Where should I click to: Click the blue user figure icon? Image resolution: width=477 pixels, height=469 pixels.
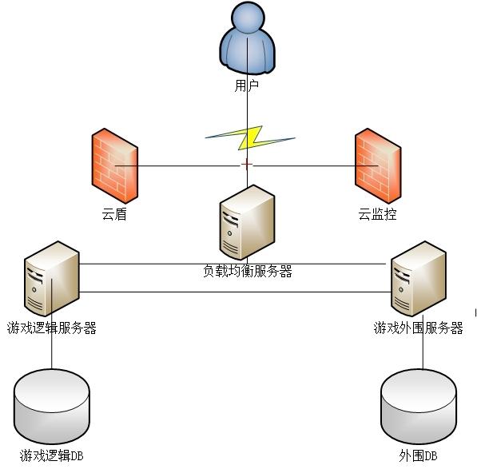pyautogui.click(x=248, y=38)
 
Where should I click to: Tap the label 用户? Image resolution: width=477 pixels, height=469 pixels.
pyautogui.click(x=247, y=85)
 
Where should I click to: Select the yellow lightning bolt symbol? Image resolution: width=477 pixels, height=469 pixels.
pyautogui.click(x=250, y=137)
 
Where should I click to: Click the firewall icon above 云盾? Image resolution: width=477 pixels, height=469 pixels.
pyautogui.click(x=115, y=165)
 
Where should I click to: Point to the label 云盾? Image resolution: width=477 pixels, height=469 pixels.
pyautogui.click(x=114, y=214)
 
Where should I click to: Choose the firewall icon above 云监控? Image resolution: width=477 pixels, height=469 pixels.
pyautogui.click(x=378, y=165)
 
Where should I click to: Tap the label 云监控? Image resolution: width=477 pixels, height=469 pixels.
pyautogui.click(x=377, y=214)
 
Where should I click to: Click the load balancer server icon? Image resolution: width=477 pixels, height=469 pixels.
pyautogui.click(x=247, y=222)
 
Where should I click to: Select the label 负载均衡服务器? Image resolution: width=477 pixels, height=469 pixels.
pyautogui.click(x=248, y=271)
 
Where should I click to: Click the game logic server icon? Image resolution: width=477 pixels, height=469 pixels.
pyautogui.click(x=52, y=279)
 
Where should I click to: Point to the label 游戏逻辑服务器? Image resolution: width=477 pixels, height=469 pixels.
pyautogui.click(x=52, y=328)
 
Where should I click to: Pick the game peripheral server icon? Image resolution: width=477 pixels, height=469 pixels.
pyautogui.click(x=419, y=279)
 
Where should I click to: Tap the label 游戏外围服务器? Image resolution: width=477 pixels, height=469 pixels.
pyautogui.click(x=419, y=328)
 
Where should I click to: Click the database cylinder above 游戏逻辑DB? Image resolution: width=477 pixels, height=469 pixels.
pyautogui.click(x=52, y=407)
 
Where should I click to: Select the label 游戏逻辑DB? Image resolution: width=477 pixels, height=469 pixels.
pyautogui.click(x=52, y=455)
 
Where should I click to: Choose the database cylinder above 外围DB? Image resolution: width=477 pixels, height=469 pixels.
pyautogui.click(x=419, y=407)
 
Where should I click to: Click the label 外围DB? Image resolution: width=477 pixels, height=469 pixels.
pyautogui.click(x=419, y=455)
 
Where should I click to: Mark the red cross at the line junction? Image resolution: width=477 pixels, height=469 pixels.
pyautogui.click(x=247, y=165)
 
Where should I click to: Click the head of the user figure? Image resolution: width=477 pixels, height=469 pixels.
pyautogui.click(x=248, y=16)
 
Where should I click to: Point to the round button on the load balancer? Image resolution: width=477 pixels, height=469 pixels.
pyautogui.click(x=229, y=233)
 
